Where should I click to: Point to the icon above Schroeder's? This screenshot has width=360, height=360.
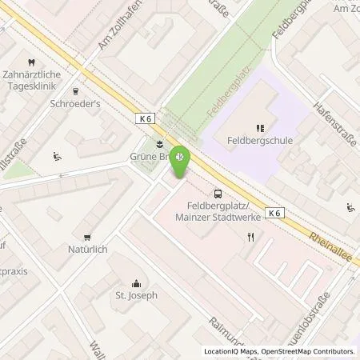(75, 91)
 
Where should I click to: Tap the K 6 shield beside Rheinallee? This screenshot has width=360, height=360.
(274, 212)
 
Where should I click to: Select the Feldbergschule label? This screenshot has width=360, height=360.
(258, 140)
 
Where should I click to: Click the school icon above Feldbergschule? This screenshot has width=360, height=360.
(258, 126)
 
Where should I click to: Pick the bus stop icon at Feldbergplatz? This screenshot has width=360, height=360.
(218, 193)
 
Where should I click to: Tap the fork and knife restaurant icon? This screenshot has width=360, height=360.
(250, 236)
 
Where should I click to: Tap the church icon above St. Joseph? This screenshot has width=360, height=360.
(136, 282)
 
